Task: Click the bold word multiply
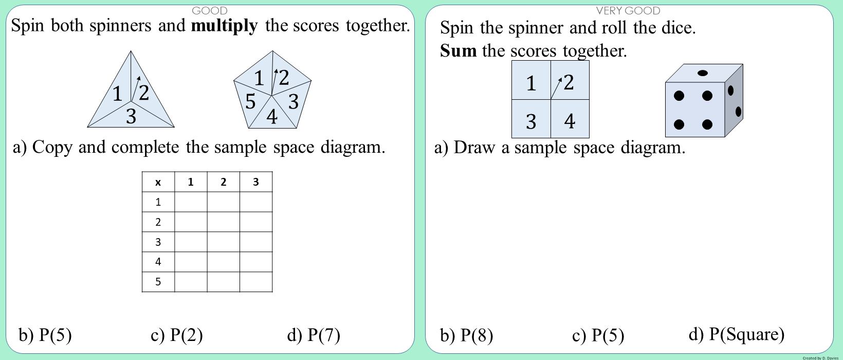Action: pyautogui.click(x=224, y=26)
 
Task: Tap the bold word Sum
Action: pyautogui.click(x=458, y=50)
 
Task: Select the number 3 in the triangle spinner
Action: pyautogui.click(x=131, y=116)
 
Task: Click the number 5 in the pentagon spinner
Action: pyautogui.click(x=250, y=102)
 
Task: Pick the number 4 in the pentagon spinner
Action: pyautogui.click(x=272, y=117)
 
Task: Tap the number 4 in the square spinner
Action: pyautogui.click(x=570, y=121)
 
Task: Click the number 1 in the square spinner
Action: pyautogui.click(x=531, y=83)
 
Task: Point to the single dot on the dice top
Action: pyautogui.click(x=702, y=73)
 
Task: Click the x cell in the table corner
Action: pyautogui.click(x=158, y=182)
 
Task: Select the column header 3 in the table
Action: pyautogui.click(x=256, y=182)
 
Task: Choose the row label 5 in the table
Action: pyautogui.click(x=158, y=282)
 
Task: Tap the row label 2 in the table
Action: pyautogui.click(x=158, y=222)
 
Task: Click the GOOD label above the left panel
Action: pyautogui.click(x=210, y=11)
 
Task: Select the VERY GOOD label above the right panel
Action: pyautogui.click(x=628, y=11)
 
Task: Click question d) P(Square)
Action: pyautogui.click(x=737, y=334)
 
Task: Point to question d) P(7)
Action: pyautogui.click(x=314, y=335)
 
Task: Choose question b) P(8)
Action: pyautogui.click(x=467, y=335)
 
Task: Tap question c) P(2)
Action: pyautogui.click(x=176, y=335)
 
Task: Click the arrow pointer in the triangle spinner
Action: pyautogui.click(x=136, y=89)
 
